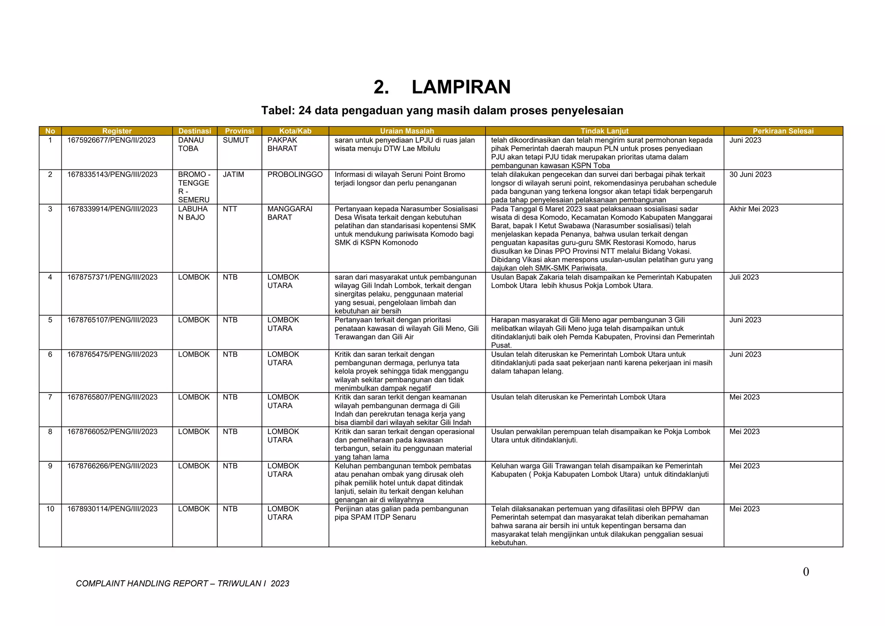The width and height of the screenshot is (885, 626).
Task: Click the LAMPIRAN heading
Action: point(442,87)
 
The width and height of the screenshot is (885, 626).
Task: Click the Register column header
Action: point(117,131)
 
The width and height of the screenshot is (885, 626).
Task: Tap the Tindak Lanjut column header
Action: point(604,131)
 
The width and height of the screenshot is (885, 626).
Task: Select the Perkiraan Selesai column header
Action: point(783,131)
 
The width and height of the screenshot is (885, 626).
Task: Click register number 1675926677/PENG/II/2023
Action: point(111,140)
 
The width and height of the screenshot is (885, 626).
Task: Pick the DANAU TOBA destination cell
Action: point(191,144)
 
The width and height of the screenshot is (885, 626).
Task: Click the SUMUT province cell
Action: point(236,140)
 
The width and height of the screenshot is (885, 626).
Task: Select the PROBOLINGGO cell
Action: point(295,175)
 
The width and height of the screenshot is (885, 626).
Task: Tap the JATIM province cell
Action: point(233,175)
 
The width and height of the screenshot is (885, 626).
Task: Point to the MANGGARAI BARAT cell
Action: point(290,213)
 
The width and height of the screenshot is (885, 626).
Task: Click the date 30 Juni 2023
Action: point(750,175)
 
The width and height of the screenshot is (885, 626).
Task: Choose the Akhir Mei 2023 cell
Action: point(754,209)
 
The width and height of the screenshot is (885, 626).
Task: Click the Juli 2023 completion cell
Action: point(744,277)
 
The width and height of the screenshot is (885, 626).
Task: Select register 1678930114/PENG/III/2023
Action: point(112,509)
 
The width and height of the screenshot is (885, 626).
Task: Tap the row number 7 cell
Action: point(50,397)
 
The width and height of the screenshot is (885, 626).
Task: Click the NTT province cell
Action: point(230,209)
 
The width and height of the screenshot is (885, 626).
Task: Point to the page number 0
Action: point(805,572)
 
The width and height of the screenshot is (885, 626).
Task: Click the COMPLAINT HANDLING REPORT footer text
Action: point(182,584)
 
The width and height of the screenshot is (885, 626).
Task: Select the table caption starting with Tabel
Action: point(442,111)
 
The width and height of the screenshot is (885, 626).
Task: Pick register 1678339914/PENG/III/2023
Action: point(112,209)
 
